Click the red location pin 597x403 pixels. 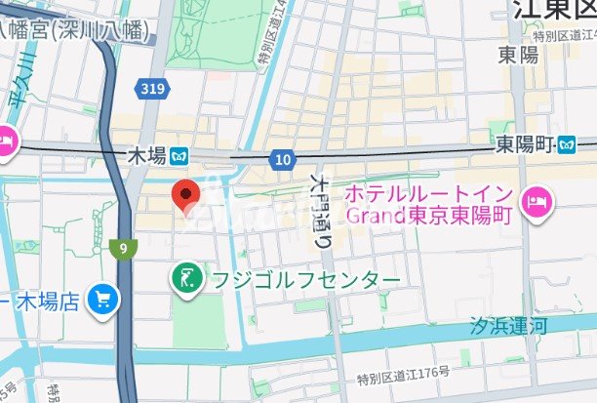[186, 194]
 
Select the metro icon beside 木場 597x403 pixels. [179, 154]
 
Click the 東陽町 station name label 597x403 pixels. [523, 144]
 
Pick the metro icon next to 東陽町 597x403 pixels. [567, 144]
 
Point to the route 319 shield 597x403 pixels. [151, 89]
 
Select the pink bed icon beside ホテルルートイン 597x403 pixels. [536, 202]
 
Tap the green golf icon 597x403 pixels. [185, 280]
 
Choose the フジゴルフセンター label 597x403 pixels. [303, 281]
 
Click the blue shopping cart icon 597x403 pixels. [100, 300]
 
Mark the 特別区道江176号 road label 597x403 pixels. [403, 374]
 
